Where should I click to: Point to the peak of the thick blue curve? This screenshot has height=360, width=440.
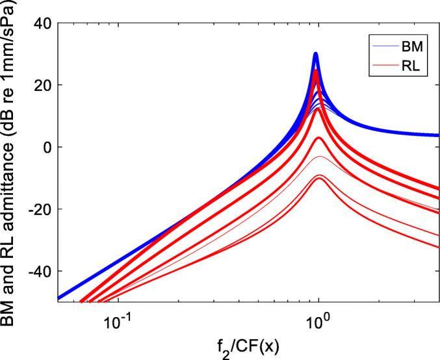tap(316, 54)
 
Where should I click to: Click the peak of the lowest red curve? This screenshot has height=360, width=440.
tap(318, 179)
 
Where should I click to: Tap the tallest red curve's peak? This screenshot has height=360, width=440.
tap(316, 71)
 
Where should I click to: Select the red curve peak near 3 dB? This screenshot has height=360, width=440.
tap(318, 138)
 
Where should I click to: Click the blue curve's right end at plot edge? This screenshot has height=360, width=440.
tap(438, 135)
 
